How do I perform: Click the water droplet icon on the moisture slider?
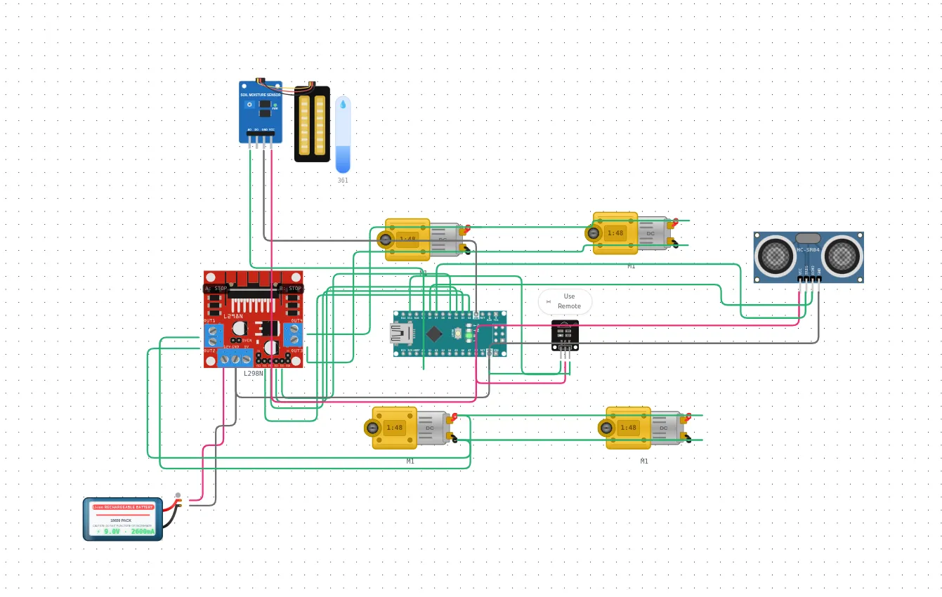point(343,104)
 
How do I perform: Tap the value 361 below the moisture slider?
point(343,181)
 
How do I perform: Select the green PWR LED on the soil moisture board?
point(275,105)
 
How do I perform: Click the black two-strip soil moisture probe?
point(312,124)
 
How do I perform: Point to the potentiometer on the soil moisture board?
point(249,105)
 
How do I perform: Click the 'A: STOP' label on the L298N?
point(216,288)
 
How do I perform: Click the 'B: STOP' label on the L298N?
point(290,288)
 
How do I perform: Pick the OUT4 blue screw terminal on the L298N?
point(294,334)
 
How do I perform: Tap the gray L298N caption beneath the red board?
point(253,374)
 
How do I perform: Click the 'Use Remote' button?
point(565,301)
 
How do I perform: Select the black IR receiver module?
point(565,335)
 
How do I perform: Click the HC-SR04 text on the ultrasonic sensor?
point(808,249)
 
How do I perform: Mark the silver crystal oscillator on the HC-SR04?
point(808,238)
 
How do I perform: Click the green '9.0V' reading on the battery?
point(112,532)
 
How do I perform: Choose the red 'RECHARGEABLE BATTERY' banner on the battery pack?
point(124,506)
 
